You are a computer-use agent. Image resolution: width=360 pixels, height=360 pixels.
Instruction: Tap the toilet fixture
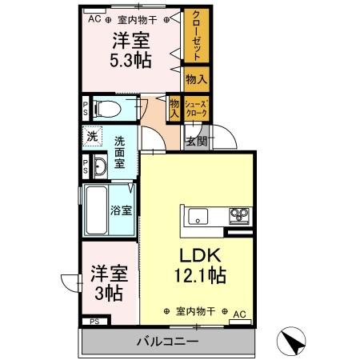(107, 108)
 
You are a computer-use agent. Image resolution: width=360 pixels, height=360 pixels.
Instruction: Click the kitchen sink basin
(198, 216)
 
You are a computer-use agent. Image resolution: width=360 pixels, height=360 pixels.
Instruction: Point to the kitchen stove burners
(238, 215)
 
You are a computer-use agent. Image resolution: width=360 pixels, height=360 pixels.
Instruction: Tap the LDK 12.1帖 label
(198, 266)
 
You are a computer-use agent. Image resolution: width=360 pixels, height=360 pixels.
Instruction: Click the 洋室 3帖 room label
(106, 283)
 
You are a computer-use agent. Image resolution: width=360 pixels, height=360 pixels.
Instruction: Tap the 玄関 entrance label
(197, 141)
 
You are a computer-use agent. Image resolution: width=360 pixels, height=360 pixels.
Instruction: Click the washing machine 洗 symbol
(92, 137)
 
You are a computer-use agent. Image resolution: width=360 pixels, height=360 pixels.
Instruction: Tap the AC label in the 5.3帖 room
(94, 17)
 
